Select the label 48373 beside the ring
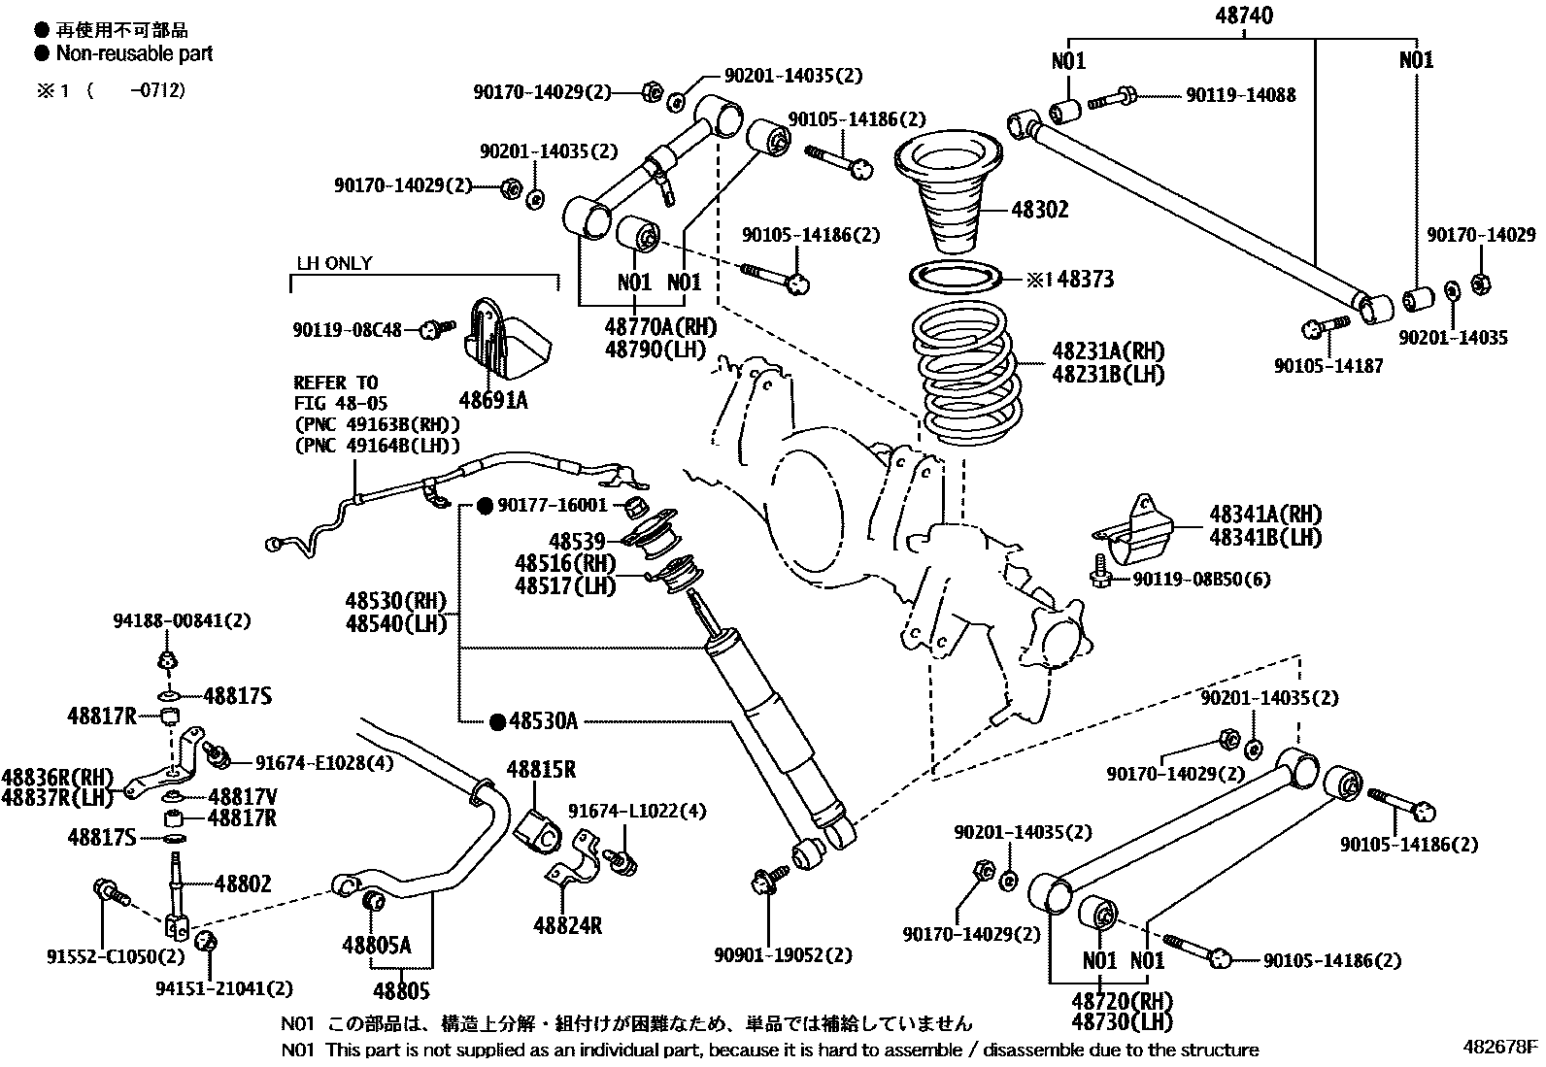tap(1085, 280)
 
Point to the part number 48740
tap(1243, 16)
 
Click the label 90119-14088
tap(1240, 95)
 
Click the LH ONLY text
tap(334, 264)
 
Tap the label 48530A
tap(543, 720)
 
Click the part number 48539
tap(576, 541)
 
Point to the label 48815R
tap(541, 770)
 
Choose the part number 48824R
tap(567, 925)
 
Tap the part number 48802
tap(243, 884)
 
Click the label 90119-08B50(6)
tap(1201, 580)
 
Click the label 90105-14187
tap(1328, 366)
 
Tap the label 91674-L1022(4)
tap(637, 811)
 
